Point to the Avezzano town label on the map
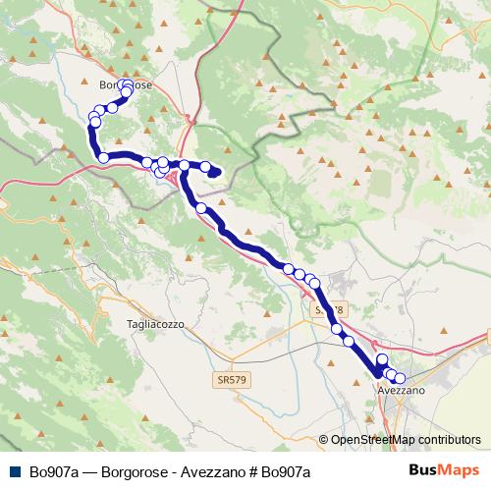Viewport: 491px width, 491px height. (x=401, y=391)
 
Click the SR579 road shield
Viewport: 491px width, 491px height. (x=228, y=377)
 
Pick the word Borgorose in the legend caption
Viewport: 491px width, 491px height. (x=133, y=472)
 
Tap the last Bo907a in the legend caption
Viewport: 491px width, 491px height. (x=286, y=472)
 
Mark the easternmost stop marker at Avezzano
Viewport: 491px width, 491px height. (x=400, y=378)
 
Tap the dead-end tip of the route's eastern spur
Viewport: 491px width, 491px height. (x=218, y=175)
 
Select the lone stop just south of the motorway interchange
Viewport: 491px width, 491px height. (x=201, y=208)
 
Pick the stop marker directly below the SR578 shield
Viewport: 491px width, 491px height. (x=337, y=330)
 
